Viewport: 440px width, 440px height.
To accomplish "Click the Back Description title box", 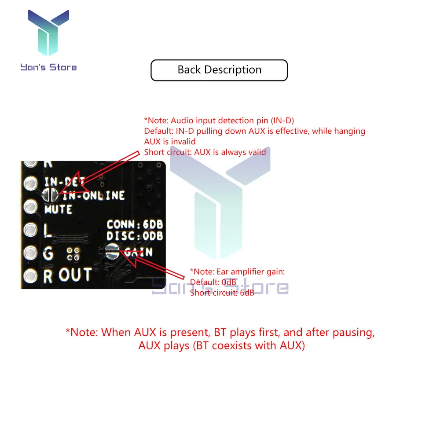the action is (x=219, y=70).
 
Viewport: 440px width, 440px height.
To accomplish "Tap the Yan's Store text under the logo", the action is (x=48, y=67).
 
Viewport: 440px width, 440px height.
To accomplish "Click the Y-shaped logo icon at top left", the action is (x=48, y=33).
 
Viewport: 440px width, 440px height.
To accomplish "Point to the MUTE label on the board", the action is (x=58, y=209).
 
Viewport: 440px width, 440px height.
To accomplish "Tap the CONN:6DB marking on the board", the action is (x=135, y=225).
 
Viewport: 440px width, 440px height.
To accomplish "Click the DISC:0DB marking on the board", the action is (x=135, y=236).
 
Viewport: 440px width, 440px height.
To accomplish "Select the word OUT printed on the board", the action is (x=75, y=275).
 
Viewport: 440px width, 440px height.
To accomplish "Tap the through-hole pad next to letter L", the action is (x=30, y=229).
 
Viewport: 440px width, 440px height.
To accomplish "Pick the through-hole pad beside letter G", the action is (x=30, y=253).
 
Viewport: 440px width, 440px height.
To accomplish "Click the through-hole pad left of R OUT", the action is (x=30, y=276).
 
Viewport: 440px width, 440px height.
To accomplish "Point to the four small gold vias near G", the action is (x=73, y=253).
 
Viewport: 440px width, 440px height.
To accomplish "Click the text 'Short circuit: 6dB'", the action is (x=222, y=293).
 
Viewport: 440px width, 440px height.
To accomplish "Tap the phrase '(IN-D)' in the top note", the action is (x=282, y=120).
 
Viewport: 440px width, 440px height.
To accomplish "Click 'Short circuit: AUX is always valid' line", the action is (x=205, y=152).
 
